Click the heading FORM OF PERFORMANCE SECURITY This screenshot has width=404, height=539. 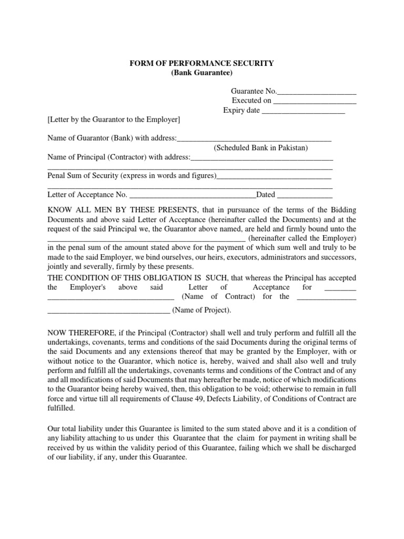(x=201, y=63)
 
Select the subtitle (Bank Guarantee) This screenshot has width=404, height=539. (x=201, y=73)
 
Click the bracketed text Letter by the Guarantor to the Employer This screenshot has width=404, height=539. (x=114, y=120)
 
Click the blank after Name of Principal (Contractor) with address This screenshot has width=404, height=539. (x=261, y=157)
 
